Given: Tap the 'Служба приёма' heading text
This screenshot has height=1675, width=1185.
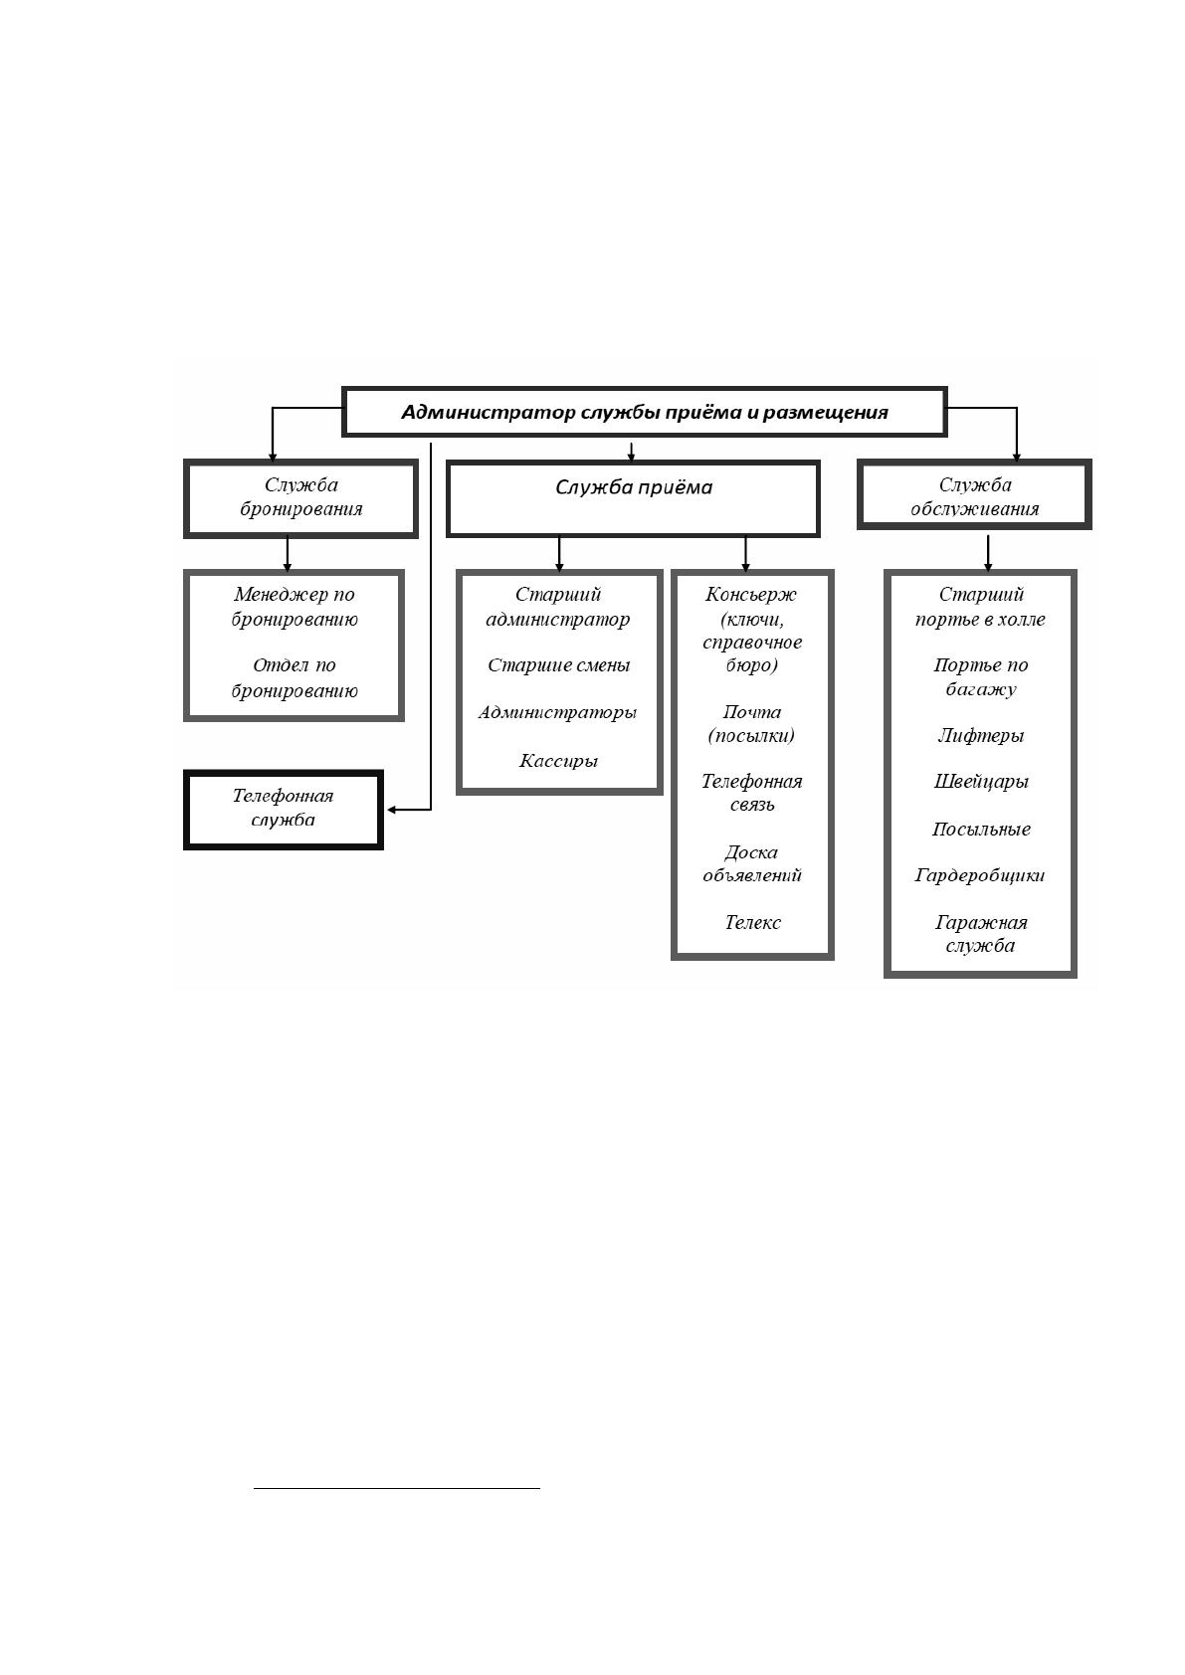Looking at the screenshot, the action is pyautogui.click(x=634, y=487).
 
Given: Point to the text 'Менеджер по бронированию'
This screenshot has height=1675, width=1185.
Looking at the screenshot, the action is pyautogui.click(x=294, y=607).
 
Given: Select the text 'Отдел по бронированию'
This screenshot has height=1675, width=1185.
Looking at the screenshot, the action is pyautogui.click(x=294, y=677).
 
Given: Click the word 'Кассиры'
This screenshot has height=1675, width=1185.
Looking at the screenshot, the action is pyautogui.click(x=559, y=761).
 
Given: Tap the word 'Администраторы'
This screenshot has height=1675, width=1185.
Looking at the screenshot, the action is pyautogui.click(x=558, y=712).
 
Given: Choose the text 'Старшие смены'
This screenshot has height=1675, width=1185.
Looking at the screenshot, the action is pyautogui.click(x=559, y=664).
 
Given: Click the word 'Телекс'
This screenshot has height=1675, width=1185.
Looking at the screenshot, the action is pyautogui.click(x=752, y=922).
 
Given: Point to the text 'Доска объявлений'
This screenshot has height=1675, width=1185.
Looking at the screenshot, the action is pyautogui.click(x=752, y=863).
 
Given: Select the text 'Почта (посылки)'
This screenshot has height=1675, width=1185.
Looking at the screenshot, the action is pyautogui.click(x=752, y=723).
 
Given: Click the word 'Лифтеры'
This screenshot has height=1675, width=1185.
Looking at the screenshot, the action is pyautogui.click(x=981, y=735).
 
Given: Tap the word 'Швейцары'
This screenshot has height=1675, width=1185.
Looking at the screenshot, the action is pyautogui.click(x=981, y=782).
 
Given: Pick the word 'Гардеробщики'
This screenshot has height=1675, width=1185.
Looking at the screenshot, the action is pyautogui.click(x=980, y=875).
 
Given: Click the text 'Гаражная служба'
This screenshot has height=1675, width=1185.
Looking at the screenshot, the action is pyautogui.click(x=981, y=934).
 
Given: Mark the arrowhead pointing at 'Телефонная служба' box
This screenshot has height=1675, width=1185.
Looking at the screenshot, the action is pyautogui.click(x=391, y=809).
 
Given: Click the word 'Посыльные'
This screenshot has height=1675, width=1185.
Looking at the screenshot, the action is pyautogui.click(x=981, y=829).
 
